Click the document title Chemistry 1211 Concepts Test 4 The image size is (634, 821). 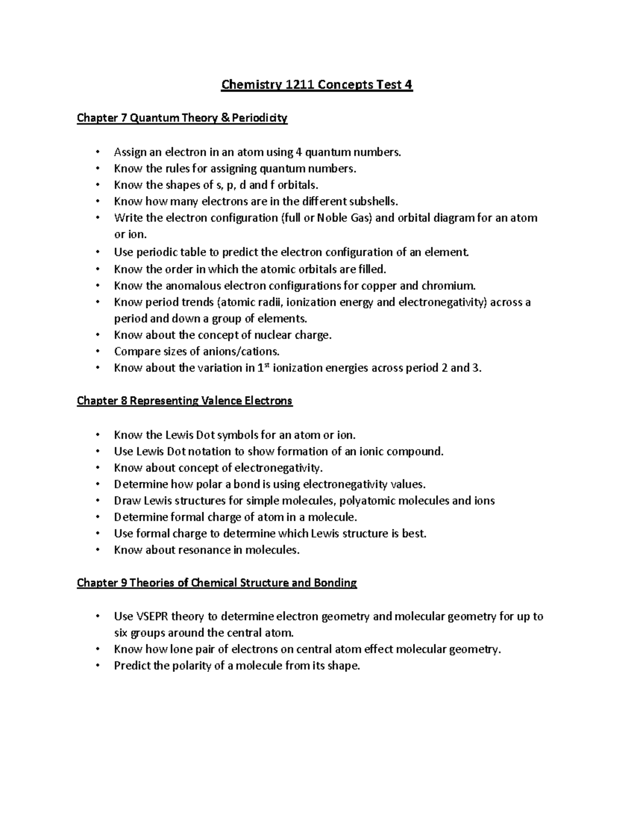(316, 85)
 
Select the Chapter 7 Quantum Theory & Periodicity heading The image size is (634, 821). (182, 118)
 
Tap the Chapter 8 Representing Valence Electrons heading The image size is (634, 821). (184, 401)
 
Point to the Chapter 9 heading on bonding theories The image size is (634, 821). (217, 583)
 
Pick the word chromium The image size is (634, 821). (447, 286)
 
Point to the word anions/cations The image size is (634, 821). (242, 352)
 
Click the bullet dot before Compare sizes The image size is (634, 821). (97, 352)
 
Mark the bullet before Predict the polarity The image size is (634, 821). (97, 666)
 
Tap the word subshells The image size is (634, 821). (372, 201)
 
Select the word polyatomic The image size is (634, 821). (367, 501)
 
